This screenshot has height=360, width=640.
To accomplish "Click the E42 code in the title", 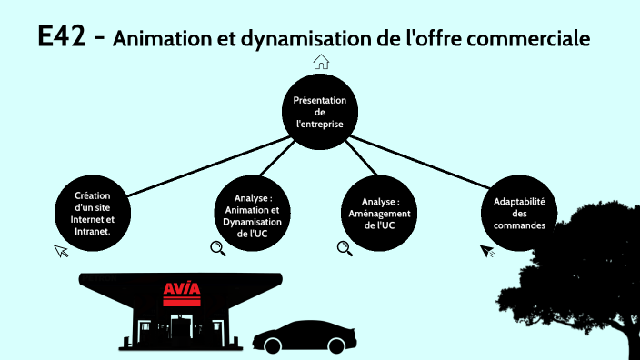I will (64, 37).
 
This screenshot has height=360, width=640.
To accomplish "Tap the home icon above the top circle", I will (320, 62).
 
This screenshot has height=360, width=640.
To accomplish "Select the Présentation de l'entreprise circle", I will (319, 112).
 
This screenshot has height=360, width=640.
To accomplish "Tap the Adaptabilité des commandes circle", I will (519, 212).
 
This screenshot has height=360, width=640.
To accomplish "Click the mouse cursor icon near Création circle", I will (61, 250).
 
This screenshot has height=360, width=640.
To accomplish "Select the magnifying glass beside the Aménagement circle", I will (344, 247).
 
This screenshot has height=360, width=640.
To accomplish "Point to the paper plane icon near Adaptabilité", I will (487, 249).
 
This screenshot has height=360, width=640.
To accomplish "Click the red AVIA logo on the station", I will (181, 292).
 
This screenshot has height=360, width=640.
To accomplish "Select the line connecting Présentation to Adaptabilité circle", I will (418, 163).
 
